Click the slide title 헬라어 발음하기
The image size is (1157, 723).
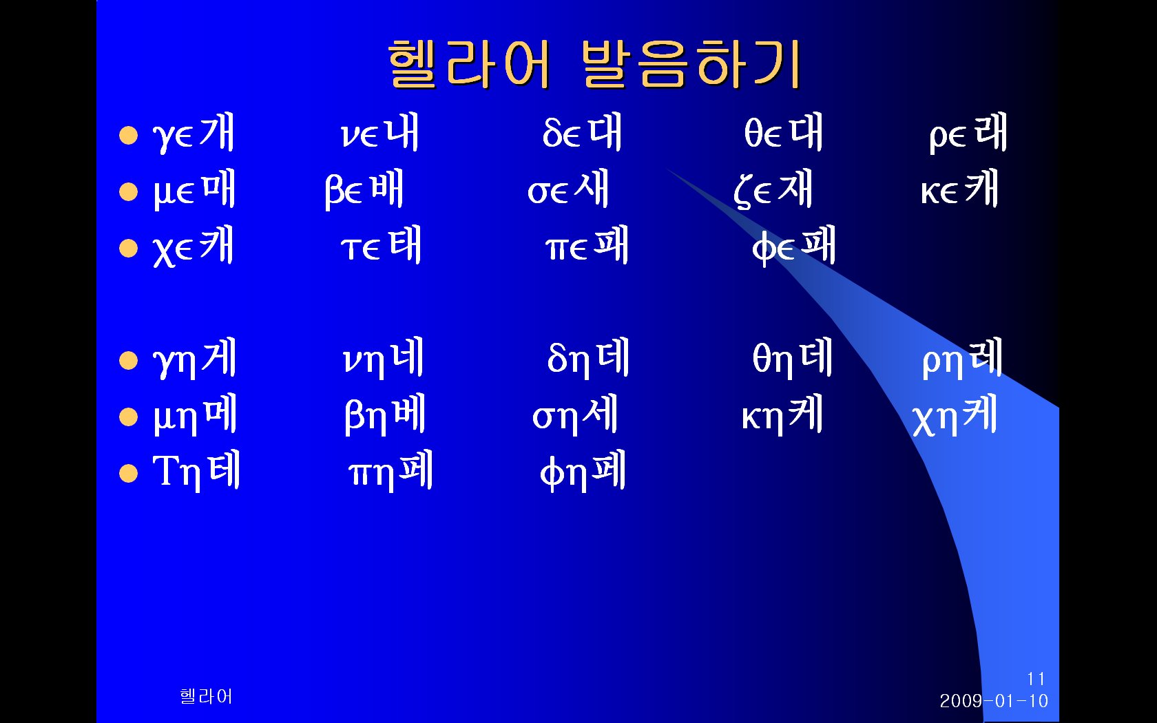click(594, 64)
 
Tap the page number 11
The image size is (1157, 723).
click(1036, 679)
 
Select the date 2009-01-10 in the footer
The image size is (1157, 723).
click(994, 701)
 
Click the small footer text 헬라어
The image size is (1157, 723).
click(205, 696)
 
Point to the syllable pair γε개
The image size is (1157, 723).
click(193, 134)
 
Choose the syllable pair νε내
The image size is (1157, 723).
click(379, 133)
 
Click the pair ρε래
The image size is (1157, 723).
click(968, 134)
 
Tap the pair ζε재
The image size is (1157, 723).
click(773, 189)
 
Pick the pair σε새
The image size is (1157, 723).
click(567, 189)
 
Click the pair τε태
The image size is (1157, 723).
click(382, 246)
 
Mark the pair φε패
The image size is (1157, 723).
click(793, 247)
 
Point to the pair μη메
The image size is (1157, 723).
click(195, 415)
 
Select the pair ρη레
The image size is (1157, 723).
click(962, 358)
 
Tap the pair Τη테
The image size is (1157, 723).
click(196, 471)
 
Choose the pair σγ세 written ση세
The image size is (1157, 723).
click(575, 415)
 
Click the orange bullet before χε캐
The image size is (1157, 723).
click(129, 248)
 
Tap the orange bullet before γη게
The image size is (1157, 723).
click(129, 361)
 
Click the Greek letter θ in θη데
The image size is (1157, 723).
click(762, 357)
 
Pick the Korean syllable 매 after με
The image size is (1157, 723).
click(218, 189)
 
